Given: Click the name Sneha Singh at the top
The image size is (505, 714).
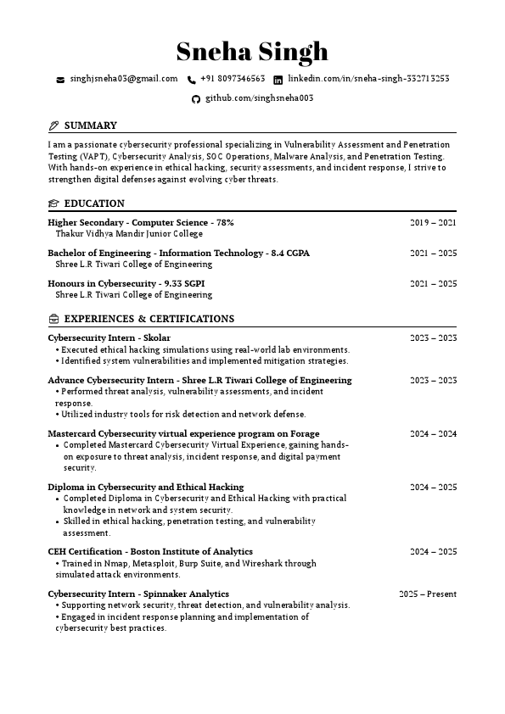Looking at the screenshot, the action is coord(252,52).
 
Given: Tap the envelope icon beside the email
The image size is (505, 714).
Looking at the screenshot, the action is coord(60,80).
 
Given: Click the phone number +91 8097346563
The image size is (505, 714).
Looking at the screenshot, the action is coord(233,79).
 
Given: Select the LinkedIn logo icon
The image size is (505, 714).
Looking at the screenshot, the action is coord(278,80).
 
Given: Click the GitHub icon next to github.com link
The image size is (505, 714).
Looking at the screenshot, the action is coord(196,99).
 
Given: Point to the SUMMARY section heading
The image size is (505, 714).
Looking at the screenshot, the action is coord(90,126).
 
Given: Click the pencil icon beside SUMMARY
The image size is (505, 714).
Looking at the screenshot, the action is coord(54,126).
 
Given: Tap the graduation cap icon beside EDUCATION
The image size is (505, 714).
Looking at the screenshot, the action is coord(53,204).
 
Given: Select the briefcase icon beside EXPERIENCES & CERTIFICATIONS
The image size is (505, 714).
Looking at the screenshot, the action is coord(53,320).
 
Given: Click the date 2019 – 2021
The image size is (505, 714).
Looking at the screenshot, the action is coord(433,222).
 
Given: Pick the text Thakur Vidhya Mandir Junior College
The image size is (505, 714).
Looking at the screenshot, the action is coord(129,233).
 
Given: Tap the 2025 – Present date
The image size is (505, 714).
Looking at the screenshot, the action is coord(428,594).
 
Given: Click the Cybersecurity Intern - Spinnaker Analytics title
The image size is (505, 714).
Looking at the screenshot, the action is coord(138,594).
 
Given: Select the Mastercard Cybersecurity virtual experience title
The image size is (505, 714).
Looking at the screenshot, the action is coord(183,433).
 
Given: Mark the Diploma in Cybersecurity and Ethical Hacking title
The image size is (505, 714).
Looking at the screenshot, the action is coord(145,487).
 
